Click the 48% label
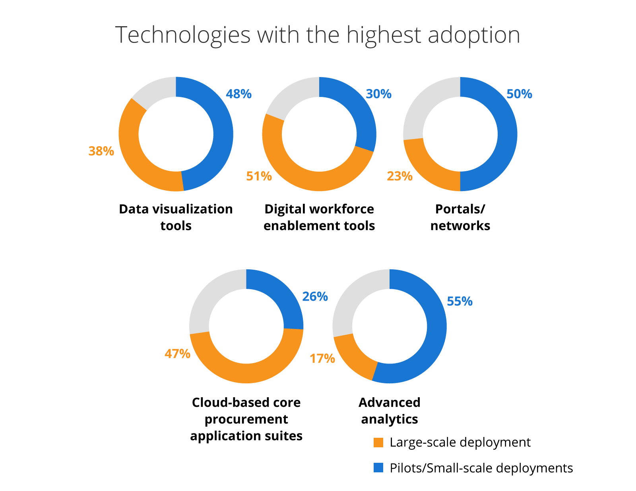pos(238,94)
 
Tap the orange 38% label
pos(101,151)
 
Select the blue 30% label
pos(378,94)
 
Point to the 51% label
pos(259,176)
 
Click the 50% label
pos(519,94)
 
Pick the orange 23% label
pos(399,176)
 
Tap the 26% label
pos(315,297)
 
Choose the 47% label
pos(177,354)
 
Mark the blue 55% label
pos(460,302)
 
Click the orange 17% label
pos(322,359)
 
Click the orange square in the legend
pos(378,443)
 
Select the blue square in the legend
pos(378,468)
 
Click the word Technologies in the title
pos(183,35)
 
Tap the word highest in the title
pos(384,35)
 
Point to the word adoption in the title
pos(474,35)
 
